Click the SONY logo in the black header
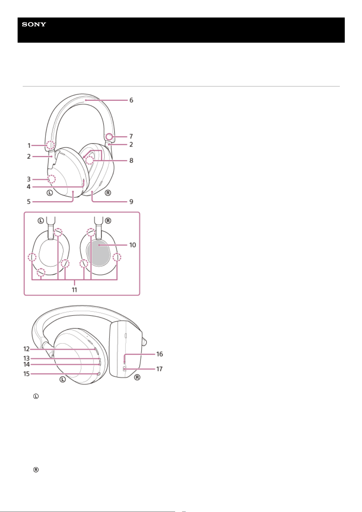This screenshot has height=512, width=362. [x=34, y=24]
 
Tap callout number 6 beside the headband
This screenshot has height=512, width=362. [x=131, y=100]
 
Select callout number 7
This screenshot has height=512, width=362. [x=131, y=136]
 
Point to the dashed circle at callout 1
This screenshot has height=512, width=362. [x=50, y=145]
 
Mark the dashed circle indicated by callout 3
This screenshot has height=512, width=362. [x=51, y=179]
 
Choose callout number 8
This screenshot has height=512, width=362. [x=131, y=161]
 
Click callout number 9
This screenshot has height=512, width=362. [x=131, y=202]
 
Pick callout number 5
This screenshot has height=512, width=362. [x=29, y=202]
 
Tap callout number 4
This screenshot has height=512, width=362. [x=29, y=187]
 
